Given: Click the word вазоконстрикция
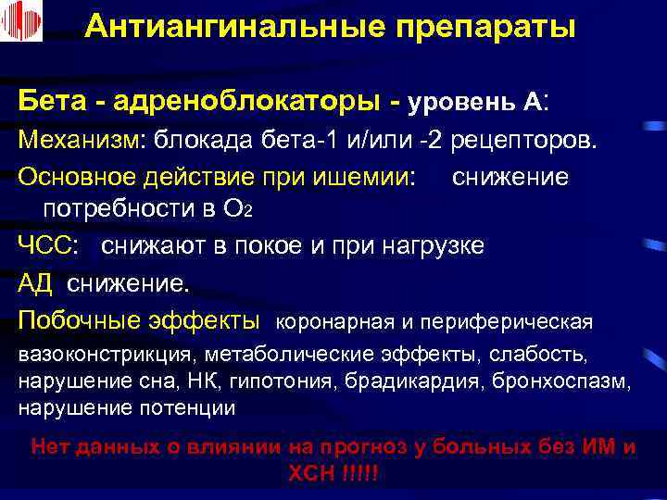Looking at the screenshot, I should coord(104,355).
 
